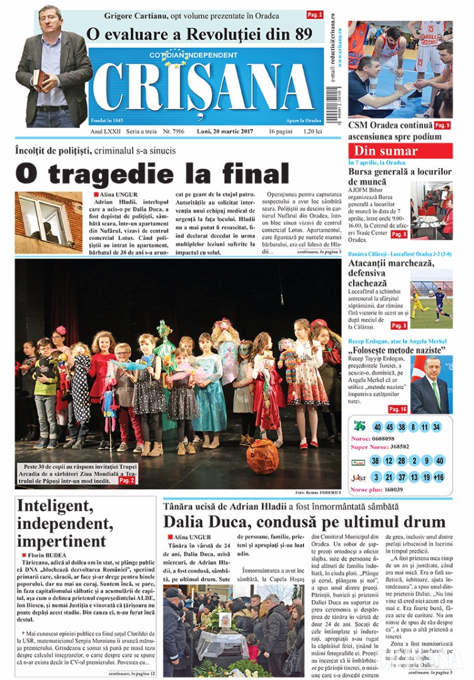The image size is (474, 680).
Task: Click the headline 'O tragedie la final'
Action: [152, 173]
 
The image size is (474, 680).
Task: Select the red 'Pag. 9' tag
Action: [443, 125]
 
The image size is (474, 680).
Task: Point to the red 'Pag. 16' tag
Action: [398, 409]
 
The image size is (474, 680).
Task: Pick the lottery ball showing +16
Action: [439, 477]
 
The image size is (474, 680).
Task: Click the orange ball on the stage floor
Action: [262, 456]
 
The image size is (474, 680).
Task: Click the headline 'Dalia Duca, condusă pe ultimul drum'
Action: [305, 521]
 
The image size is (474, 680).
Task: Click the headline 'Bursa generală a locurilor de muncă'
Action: [400, 176]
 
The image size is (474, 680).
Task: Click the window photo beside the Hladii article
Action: [48, 222]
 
